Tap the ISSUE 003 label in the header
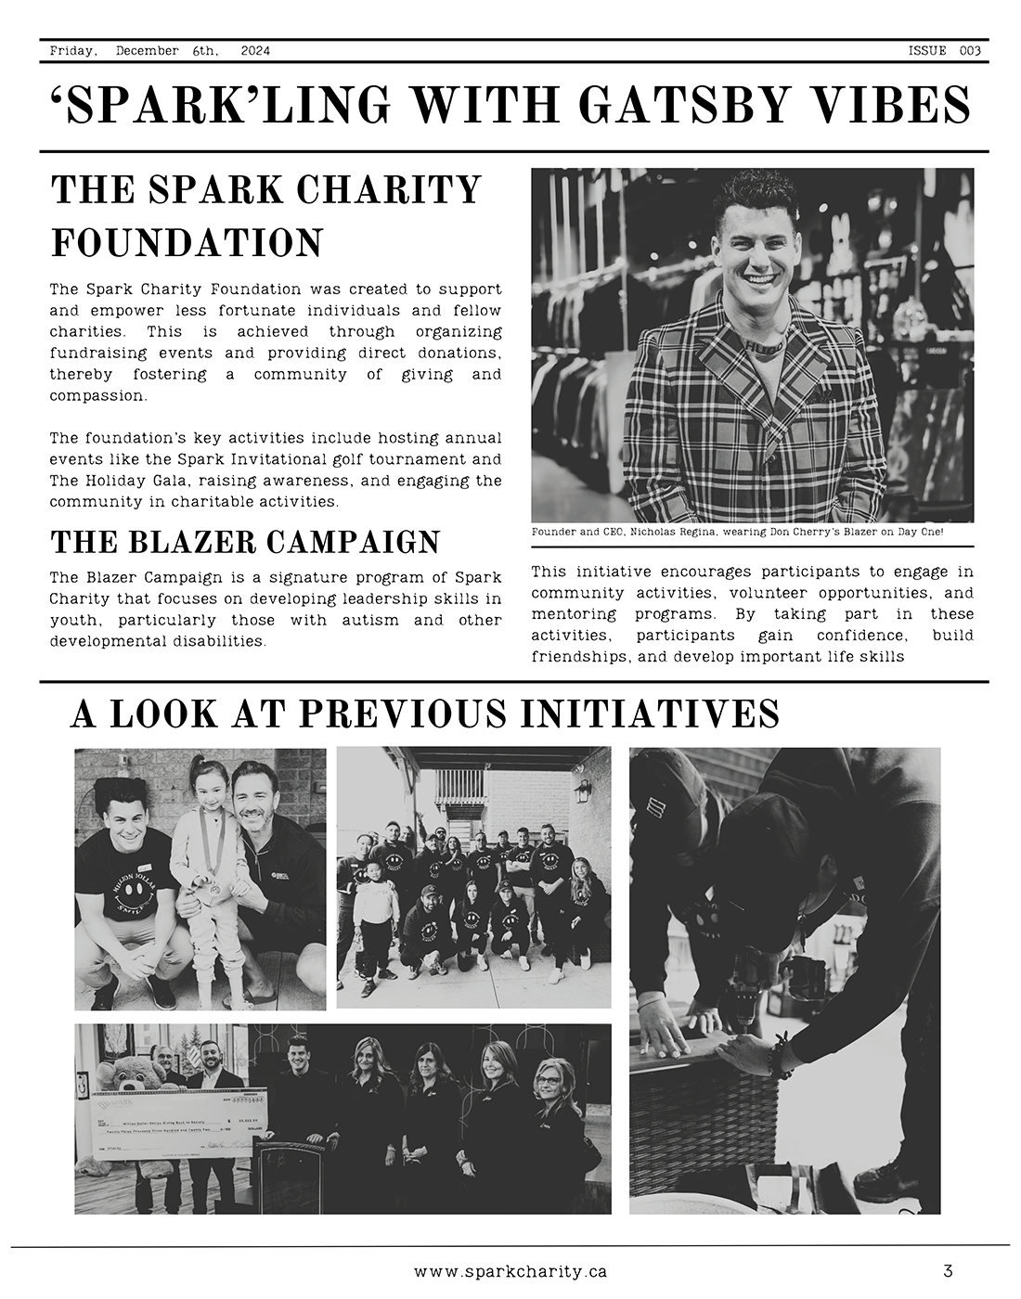(944, 51)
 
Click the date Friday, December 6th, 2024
(160, 51)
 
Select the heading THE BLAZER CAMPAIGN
(245, 542)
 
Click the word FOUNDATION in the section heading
(187, 243)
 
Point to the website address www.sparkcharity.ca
(510, 1271)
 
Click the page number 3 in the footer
(948, 1270)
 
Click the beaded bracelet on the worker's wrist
(778, 1058)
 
